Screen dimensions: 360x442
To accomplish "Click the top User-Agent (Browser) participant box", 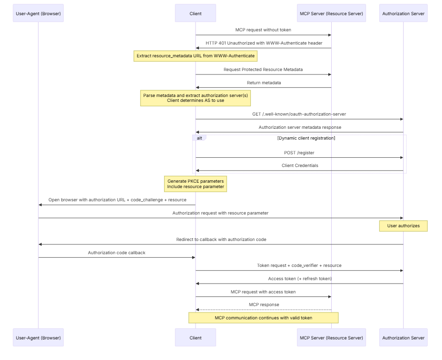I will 38,13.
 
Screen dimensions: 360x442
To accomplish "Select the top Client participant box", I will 196,13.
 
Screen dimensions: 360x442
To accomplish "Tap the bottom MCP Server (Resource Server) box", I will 331,337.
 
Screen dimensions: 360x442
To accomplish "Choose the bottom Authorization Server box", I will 403,337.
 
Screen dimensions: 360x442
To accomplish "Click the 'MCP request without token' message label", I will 263,30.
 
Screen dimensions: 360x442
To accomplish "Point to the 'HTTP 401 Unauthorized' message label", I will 264,43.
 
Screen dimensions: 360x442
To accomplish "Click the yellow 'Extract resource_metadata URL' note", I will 196,56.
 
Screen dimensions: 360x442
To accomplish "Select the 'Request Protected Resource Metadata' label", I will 263,70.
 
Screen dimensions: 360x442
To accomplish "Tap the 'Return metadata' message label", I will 264,83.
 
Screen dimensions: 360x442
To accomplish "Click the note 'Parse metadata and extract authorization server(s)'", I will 196,98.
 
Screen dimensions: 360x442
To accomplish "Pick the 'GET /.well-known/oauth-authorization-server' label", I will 299,114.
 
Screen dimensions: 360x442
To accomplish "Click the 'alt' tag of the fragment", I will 199,138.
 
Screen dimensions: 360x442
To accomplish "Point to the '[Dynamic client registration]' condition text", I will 306,138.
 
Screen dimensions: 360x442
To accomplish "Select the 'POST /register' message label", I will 299,153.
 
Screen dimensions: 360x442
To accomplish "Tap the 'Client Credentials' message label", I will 299,166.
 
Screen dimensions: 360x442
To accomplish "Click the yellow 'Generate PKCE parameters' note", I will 196,184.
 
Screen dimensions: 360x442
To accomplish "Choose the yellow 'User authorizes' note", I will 403,226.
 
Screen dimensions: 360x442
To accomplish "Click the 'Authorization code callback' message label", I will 117,253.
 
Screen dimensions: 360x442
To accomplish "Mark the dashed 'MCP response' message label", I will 264,305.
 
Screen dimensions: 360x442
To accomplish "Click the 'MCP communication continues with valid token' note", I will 263,318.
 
